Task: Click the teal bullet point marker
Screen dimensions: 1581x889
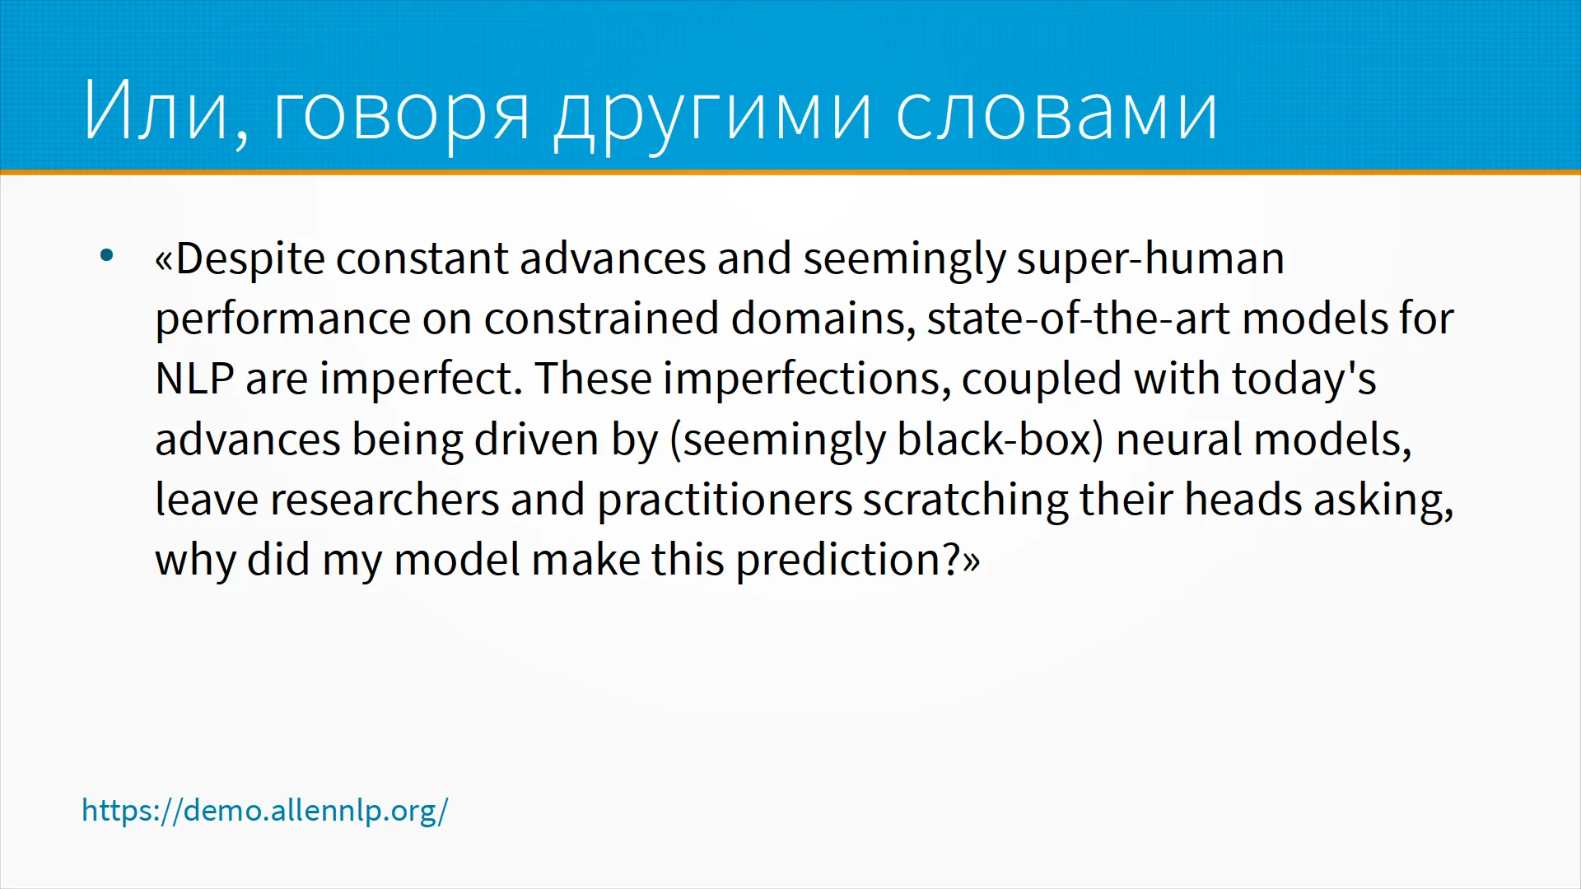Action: pyautogui.click(x=106, y=255)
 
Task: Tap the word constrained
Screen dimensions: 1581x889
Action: pyautogui.click(x=601, y=319)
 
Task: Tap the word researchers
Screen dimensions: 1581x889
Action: pyautogui.click(x=385, y=500)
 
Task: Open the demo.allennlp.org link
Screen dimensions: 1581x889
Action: pyautogui.click(x=265, y=811)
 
